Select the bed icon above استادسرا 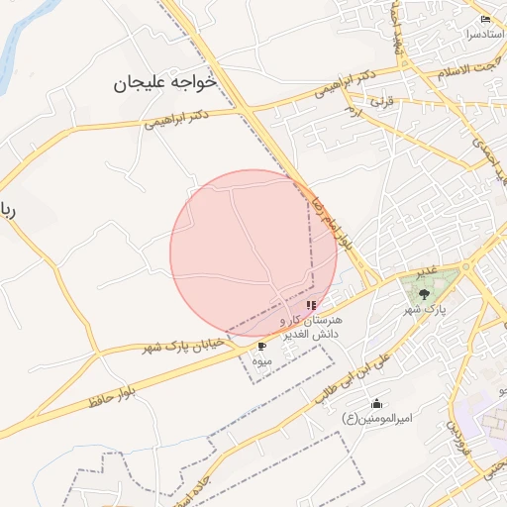(484, 19)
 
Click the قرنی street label (381, 101)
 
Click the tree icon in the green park (424, 293)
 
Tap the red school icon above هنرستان (311, 306)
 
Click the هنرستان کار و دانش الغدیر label (311, 328)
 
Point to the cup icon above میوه (261, 347)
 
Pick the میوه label (261, 361)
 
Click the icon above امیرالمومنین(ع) (376, 403)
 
